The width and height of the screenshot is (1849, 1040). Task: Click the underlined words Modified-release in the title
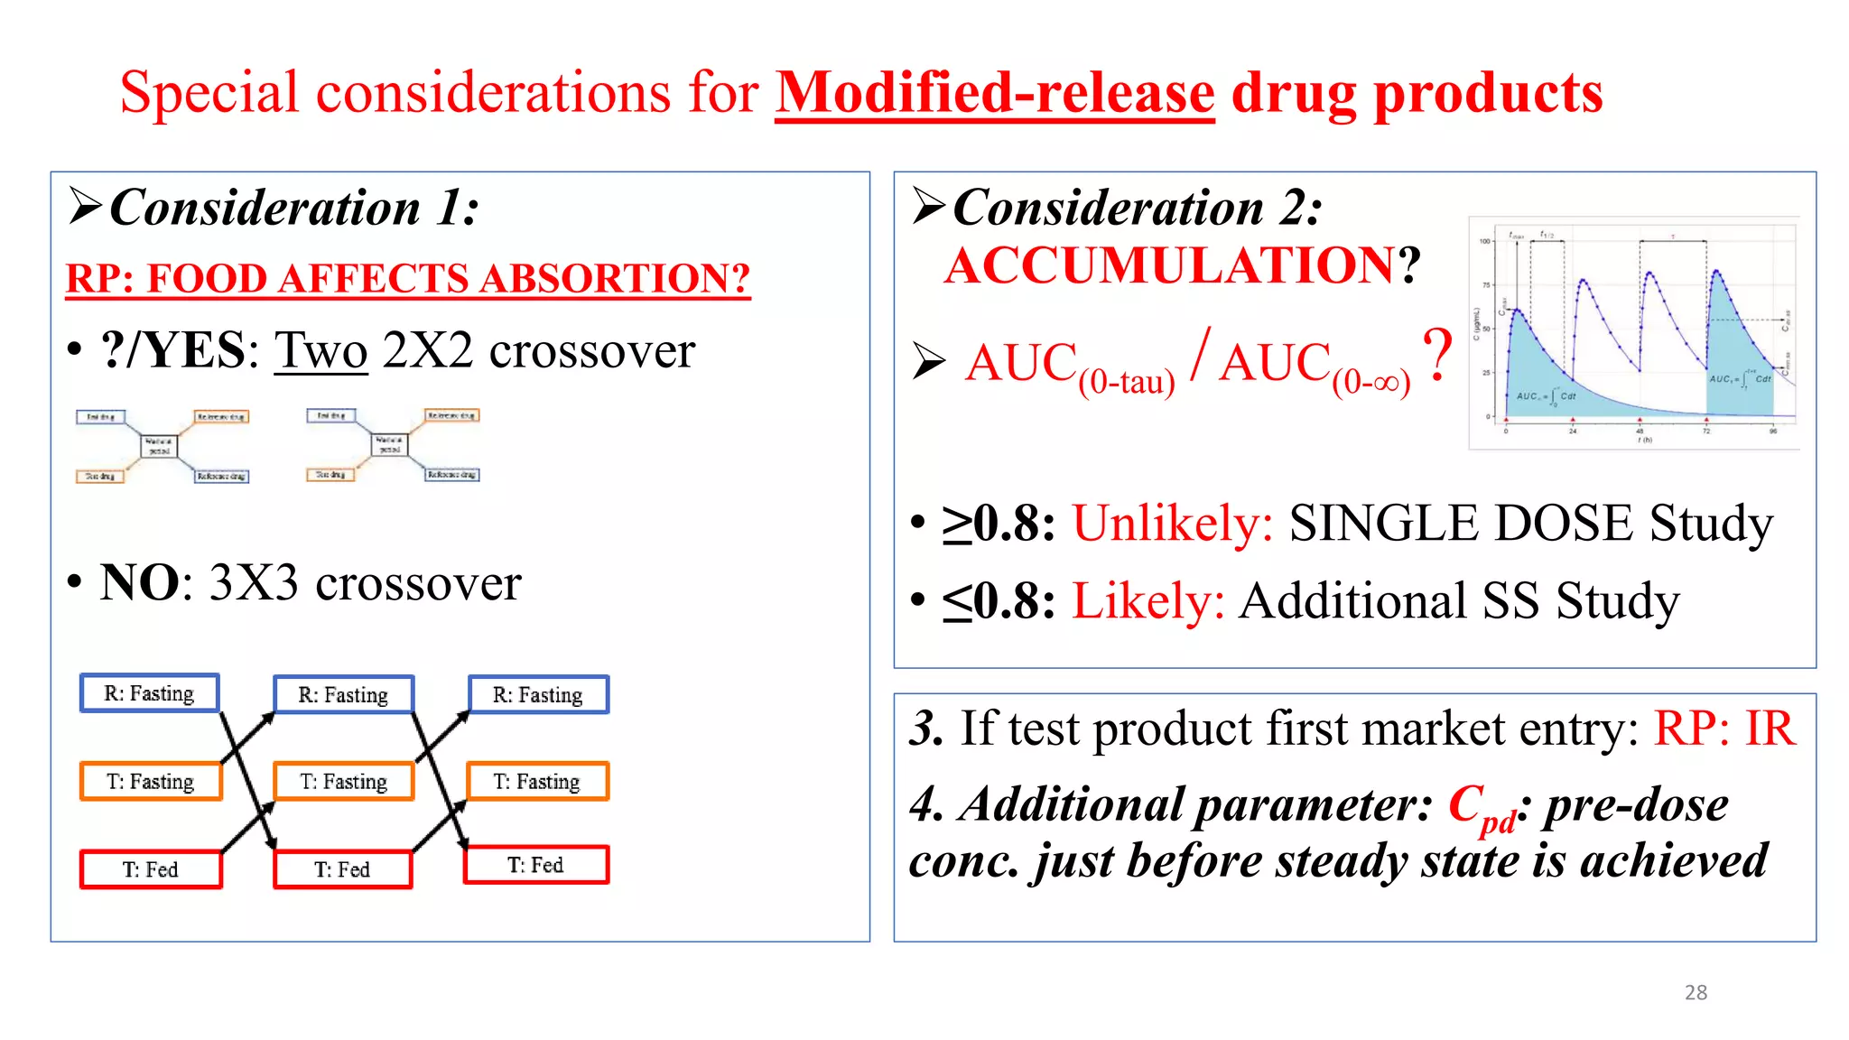[994, 93]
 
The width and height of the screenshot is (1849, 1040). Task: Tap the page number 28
[1696, 992]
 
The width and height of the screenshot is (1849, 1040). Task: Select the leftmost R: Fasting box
[149, 693]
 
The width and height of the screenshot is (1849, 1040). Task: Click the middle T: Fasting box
[343, 782]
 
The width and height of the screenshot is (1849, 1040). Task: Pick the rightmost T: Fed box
[535, 865]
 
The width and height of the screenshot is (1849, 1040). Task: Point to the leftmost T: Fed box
[150, 869]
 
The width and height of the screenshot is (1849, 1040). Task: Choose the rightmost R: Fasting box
[538, 695]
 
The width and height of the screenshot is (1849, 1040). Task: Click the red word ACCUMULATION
[1170, 265]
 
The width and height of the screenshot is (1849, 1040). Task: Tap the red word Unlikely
[1172, 523]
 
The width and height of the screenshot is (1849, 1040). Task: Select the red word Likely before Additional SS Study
[1147, 601]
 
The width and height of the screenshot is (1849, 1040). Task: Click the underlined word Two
[321, 350]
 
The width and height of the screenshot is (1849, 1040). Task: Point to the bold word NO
[140, 582]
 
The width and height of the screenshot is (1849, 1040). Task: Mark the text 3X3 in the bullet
[254, 582]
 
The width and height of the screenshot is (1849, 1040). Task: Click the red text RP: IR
[1724, 728]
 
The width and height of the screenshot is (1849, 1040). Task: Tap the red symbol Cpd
[1482, 806]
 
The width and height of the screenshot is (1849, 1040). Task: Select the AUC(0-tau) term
[1069, 367]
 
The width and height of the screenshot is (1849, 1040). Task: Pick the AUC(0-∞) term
[1314, 367]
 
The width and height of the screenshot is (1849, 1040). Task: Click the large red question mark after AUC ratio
[1437, 354]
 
